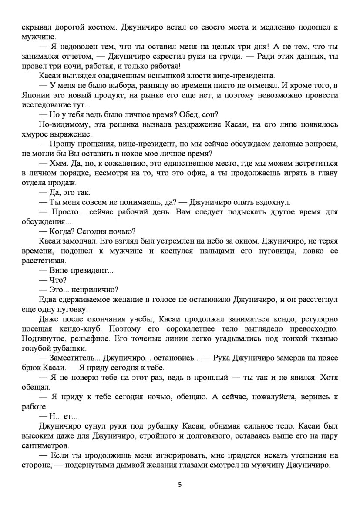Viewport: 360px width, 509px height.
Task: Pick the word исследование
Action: coord(46,104)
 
